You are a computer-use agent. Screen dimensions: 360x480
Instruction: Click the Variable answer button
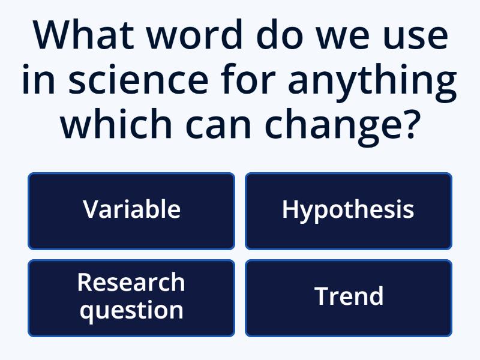tap(131, 211)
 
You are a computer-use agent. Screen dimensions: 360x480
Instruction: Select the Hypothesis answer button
tap(348, 211)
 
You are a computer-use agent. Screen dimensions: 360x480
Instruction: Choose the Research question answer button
tap(131, 298)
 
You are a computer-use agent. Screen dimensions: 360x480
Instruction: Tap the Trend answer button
tap(348, 298)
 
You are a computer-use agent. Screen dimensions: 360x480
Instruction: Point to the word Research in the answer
tap(131, 283)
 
